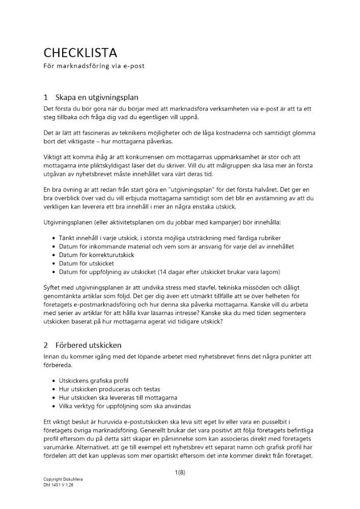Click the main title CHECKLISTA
[x=80, y=52]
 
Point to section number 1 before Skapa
[x=46, y=97]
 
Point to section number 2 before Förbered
[x=46, y=345]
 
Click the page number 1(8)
[x=180, y=472]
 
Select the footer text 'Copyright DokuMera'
[x=63, y=480]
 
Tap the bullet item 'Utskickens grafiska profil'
[x=94, y=381]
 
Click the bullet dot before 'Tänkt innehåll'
[x=54, y=238]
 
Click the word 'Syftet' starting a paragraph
[x=52, y=288]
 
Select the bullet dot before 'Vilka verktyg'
[x=54, y=406]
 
